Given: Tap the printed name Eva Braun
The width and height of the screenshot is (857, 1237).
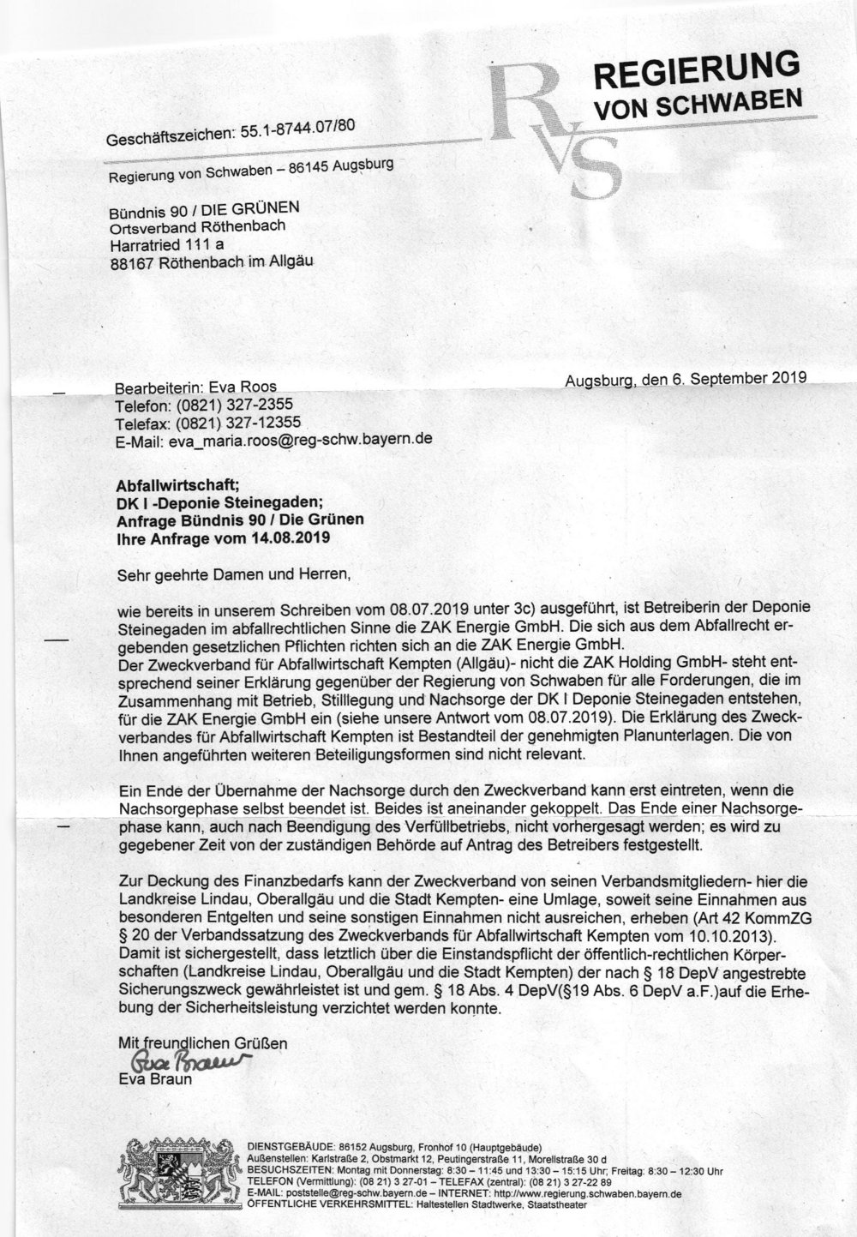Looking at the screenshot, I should point(155,1079).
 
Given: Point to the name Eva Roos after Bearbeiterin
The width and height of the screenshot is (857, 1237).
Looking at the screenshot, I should point(249,387).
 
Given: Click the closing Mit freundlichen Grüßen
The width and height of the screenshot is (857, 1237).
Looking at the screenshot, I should point(202,1043).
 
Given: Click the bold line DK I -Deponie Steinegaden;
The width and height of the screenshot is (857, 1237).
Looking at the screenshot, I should point(219,502).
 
